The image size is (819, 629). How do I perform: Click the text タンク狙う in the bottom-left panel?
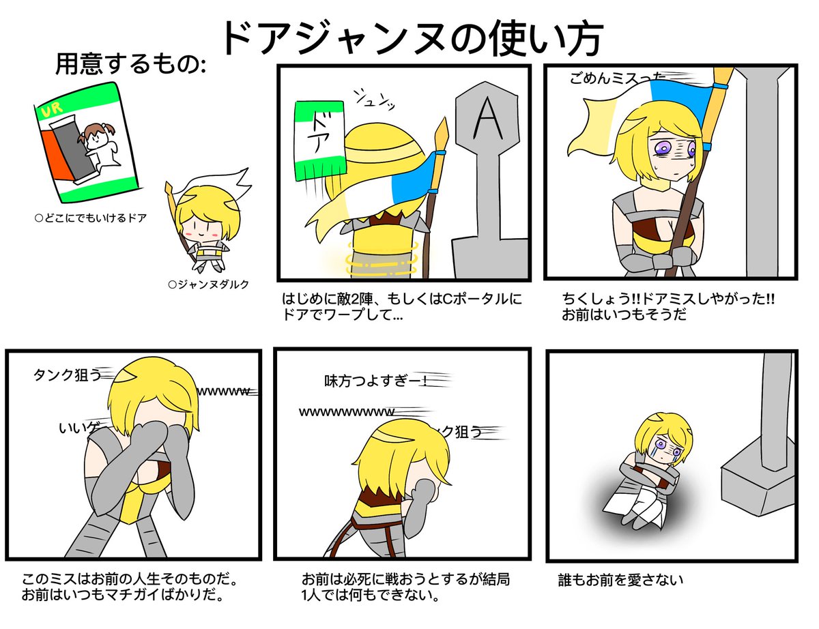click(x=67, y=375)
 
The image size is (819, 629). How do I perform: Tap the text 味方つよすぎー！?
click(x=374, y=381)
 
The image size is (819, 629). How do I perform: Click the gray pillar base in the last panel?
click(x=758, y=478)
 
